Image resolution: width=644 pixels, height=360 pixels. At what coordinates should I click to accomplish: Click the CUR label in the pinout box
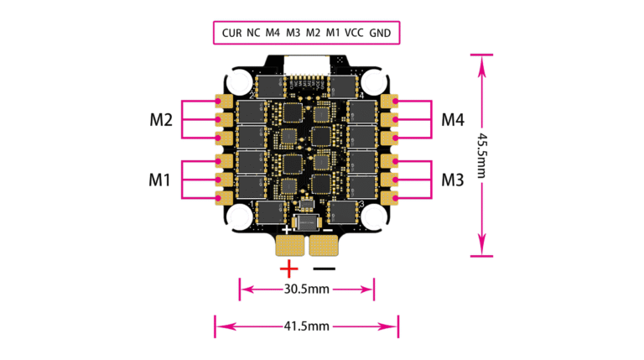tap(231, 33)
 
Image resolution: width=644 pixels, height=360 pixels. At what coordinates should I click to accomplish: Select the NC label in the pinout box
tap(253, 33)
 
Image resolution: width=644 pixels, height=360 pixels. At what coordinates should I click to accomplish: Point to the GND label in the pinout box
tap(382, 33)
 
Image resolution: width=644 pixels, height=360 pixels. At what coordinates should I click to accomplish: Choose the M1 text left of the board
tap(160, 179)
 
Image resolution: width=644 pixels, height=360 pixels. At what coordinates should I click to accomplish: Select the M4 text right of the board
tap(453, 120)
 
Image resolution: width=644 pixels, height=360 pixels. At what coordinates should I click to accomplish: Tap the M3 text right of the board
tap(453, 179)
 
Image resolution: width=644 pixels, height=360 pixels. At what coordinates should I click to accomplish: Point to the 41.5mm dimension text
tap(305, 325)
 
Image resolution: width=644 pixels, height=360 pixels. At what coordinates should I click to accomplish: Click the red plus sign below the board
tap(288, 269)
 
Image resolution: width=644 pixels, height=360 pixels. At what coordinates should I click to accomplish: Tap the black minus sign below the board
tap(325, 269)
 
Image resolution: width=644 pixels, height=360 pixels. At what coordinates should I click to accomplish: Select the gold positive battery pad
tap(290, 245)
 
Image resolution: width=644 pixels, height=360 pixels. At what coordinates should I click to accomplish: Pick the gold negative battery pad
tap(324, 245)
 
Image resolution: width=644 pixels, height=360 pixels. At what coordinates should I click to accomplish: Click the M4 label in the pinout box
tap(273, 33)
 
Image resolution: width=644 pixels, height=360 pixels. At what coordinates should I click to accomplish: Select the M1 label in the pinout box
tap(333, 33)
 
